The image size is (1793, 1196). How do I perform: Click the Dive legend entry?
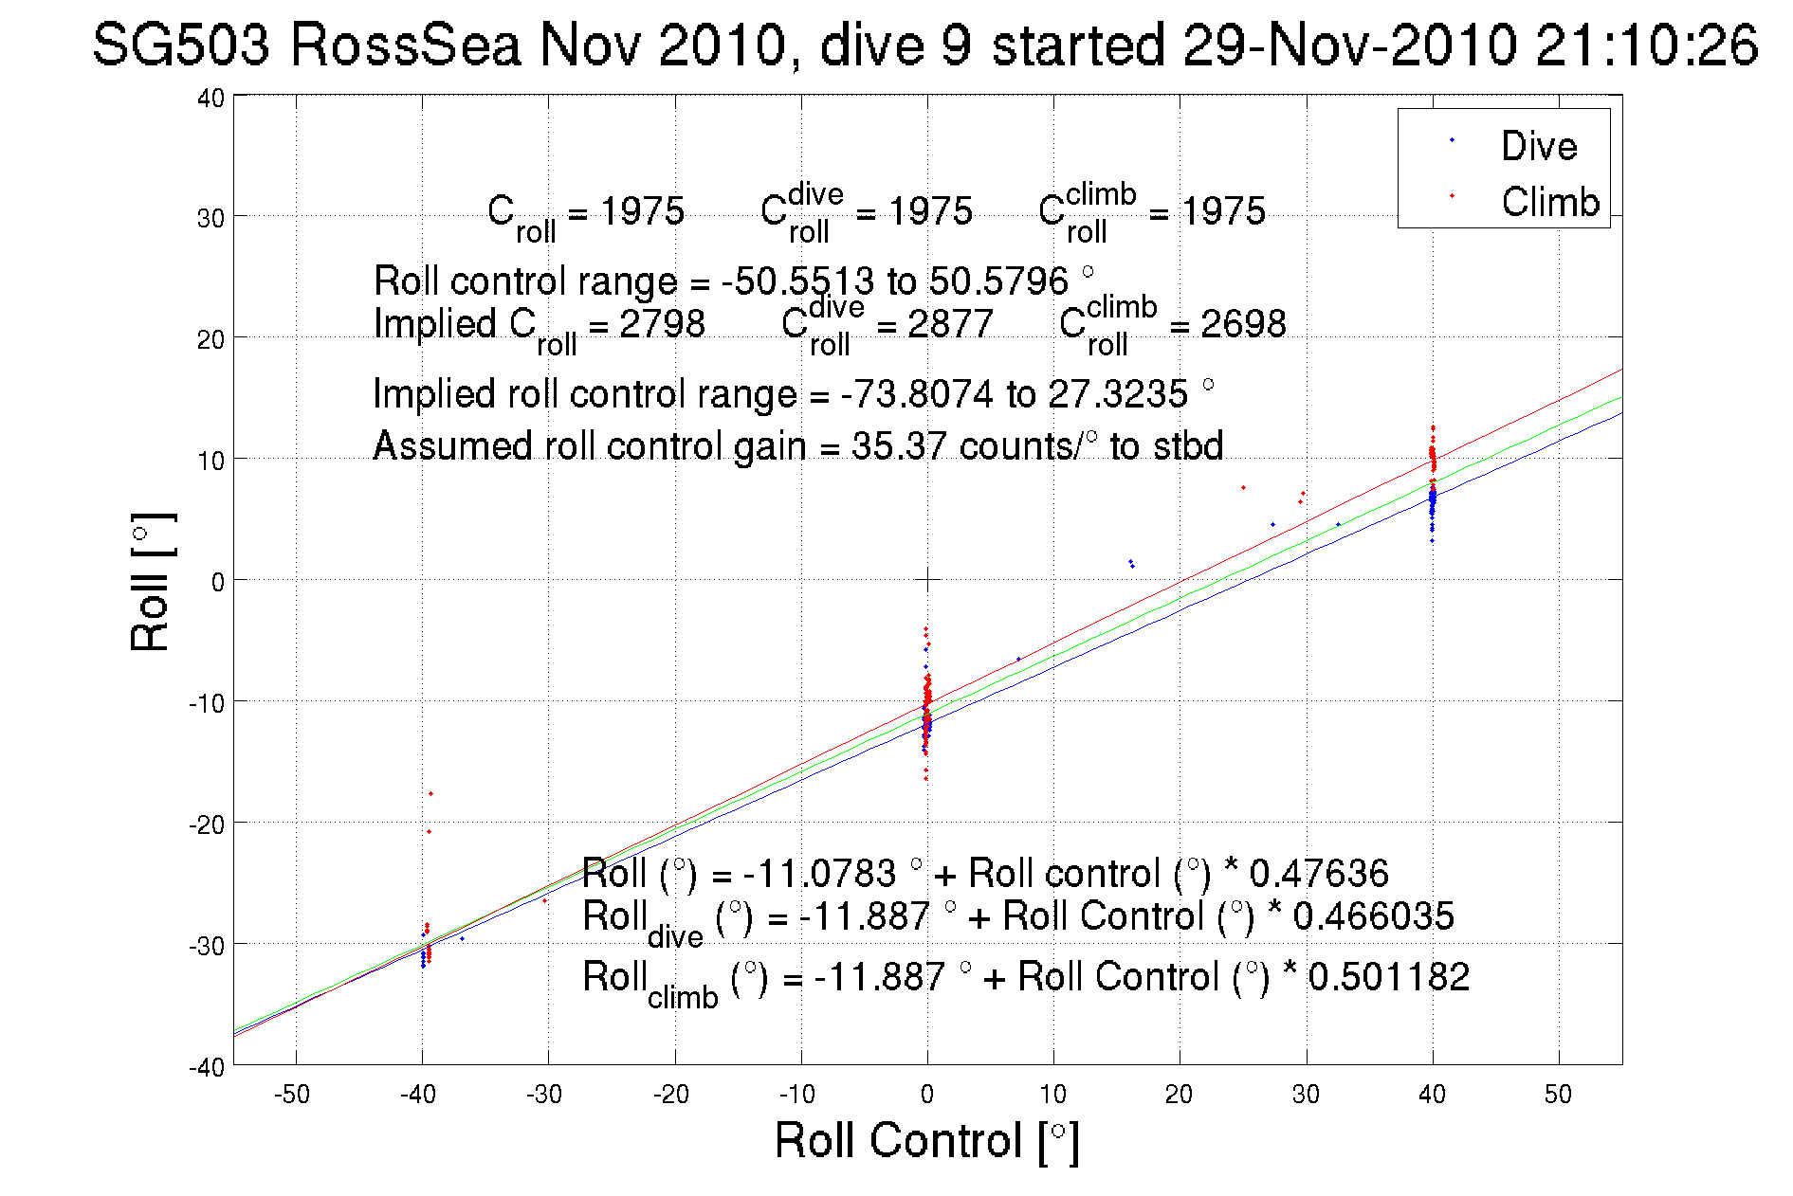coord(1538,146)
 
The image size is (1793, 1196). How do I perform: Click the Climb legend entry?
coord(1549,202)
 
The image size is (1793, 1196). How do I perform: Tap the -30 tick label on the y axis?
coord(207,945)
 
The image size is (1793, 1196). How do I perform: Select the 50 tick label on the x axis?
coord(1558,1095)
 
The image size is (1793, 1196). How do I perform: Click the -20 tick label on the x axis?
coord(670,1095)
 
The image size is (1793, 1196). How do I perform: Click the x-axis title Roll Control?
coord(925,1140)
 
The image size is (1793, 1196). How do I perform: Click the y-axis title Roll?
coord(151,582)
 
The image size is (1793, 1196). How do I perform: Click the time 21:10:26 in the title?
coord(1646,45)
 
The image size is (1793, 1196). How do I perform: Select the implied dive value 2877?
coord(950,324)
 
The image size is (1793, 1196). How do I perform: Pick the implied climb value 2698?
coord(1243,324)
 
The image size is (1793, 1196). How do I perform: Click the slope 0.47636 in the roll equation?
coord(1318,873)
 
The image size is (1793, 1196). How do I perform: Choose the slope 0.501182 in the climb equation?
coord(1388,977)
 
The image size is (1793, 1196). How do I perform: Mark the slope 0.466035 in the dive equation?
coord(1373,916)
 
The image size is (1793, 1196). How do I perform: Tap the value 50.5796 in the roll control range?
coord(998,281)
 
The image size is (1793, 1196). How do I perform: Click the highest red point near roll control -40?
coord(430,793)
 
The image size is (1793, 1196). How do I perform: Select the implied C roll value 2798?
coord(662,324)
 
